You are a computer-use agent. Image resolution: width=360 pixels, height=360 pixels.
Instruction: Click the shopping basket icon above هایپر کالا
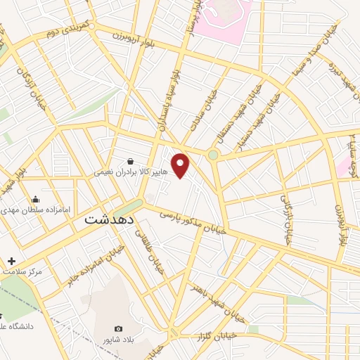click(131, 160)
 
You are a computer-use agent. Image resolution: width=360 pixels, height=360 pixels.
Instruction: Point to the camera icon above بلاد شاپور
click(118, 328)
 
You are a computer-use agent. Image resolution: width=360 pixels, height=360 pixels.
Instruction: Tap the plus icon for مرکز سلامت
click(11, 261)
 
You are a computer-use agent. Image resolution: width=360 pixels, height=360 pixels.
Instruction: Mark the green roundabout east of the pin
click(213, 154)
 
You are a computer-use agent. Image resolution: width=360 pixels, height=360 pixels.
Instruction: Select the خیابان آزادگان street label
click(37, 91)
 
